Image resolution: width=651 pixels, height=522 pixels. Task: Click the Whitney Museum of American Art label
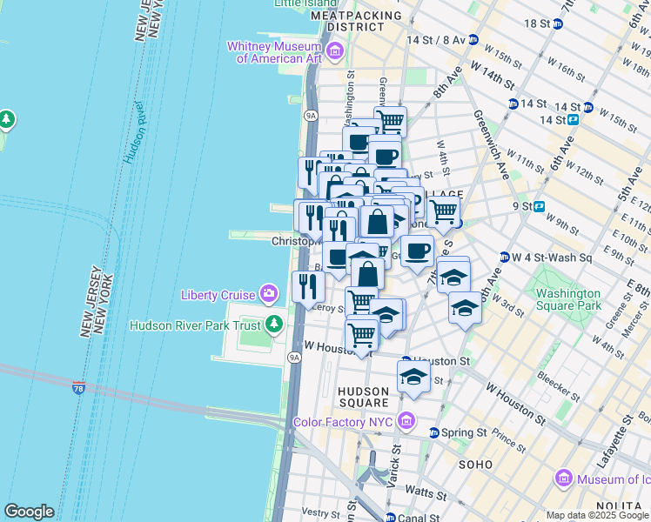pos(274,52)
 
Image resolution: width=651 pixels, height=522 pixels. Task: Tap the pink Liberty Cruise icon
pos(271,294)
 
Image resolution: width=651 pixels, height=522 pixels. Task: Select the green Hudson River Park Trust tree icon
pos(275,325)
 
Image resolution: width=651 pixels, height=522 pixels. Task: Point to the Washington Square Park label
pos(568,299)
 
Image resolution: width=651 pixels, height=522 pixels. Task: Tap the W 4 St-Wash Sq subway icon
pos(504,257)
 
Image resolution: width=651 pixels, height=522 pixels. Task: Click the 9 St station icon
pos(539,206)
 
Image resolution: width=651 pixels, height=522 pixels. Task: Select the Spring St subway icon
pos(433,432)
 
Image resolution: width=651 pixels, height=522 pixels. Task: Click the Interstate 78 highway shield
pos(79,387)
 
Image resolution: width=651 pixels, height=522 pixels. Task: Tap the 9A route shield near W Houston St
pos(294,357)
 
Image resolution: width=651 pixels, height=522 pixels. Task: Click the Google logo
pos(30,511)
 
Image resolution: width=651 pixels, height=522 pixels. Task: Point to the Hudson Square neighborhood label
pos(363,397)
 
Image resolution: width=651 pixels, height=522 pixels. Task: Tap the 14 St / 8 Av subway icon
pos(473,40)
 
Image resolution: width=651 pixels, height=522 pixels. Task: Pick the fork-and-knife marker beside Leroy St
pos(308,284)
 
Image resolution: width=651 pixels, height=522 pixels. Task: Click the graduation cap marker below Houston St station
pos(413,377)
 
